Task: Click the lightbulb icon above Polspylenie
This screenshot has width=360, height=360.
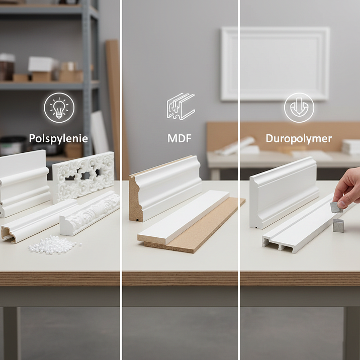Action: click(59, 108)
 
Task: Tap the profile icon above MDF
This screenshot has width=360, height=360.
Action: click(181, 106)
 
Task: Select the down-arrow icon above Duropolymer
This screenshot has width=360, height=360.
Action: click(299, 108)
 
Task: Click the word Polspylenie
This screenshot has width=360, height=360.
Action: click(58, 139)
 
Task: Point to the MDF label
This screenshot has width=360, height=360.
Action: click(179, 138)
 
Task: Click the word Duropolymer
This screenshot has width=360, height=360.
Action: click(299, 139)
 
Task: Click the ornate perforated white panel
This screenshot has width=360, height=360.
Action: click(83, 177)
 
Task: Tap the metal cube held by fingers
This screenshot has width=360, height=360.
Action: click(336, 207)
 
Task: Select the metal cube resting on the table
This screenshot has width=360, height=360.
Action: click(338, 226)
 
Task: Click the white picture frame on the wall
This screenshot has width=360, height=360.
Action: click(276, 63)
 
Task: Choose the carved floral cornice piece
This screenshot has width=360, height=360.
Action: click(90, 213)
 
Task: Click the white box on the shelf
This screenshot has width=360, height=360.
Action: click(43, 64)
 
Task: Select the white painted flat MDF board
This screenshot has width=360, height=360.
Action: click(184, 217)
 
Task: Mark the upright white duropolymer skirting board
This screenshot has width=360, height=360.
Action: click(284, 193)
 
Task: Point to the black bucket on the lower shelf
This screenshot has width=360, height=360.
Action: click(13, 145)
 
